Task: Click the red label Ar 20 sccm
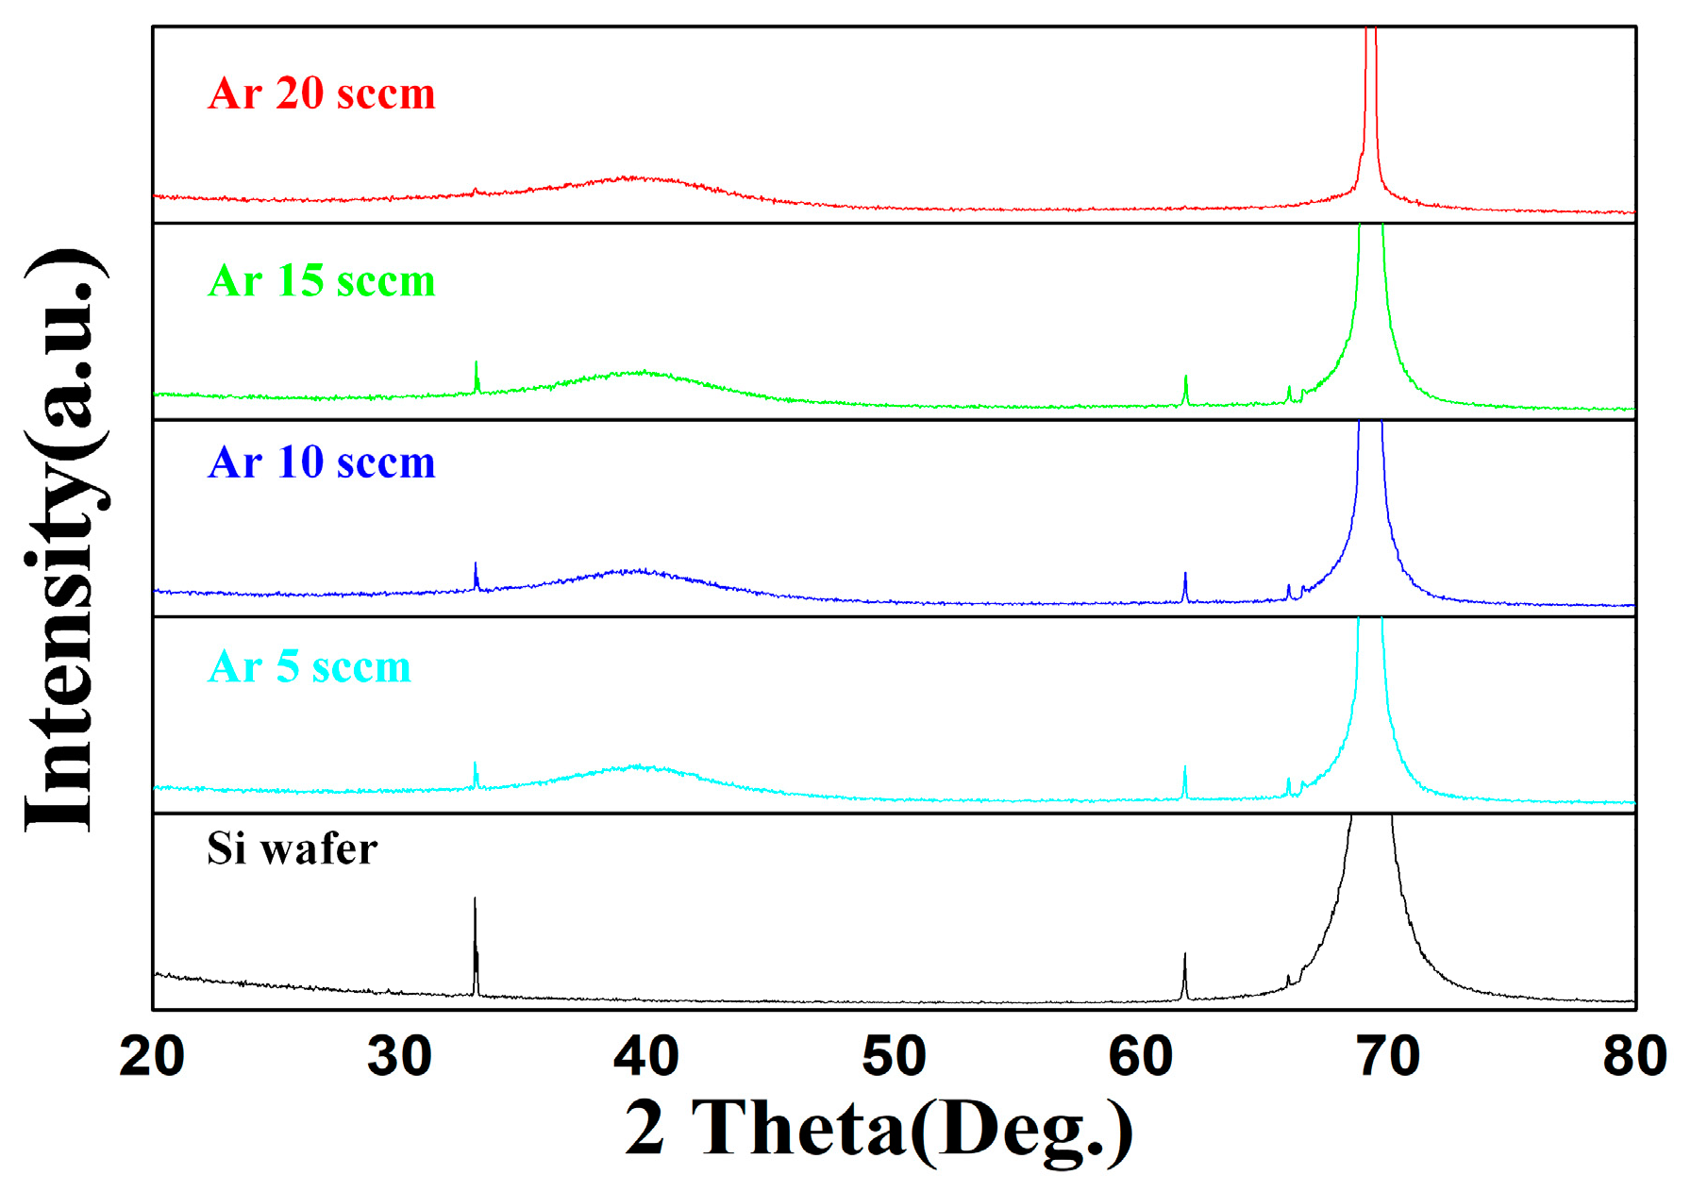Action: pos(322,93)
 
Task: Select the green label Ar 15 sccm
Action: pos(322,281)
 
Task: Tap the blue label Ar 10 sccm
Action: pos(322,462)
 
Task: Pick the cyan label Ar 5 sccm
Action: pos(310,667)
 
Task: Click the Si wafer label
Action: pos(293,848)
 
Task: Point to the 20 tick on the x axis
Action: pos(152,1056)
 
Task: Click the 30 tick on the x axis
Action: pos(399,1056)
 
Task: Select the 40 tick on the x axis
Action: pos(646,1056)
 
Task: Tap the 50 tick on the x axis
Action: pos(894,1056)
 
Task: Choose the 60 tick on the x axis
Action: pos(1141,1056)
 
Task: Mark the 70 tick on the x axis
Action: pos(1388,1056)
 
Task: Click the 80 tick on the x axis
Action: pos(1633,1056)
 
